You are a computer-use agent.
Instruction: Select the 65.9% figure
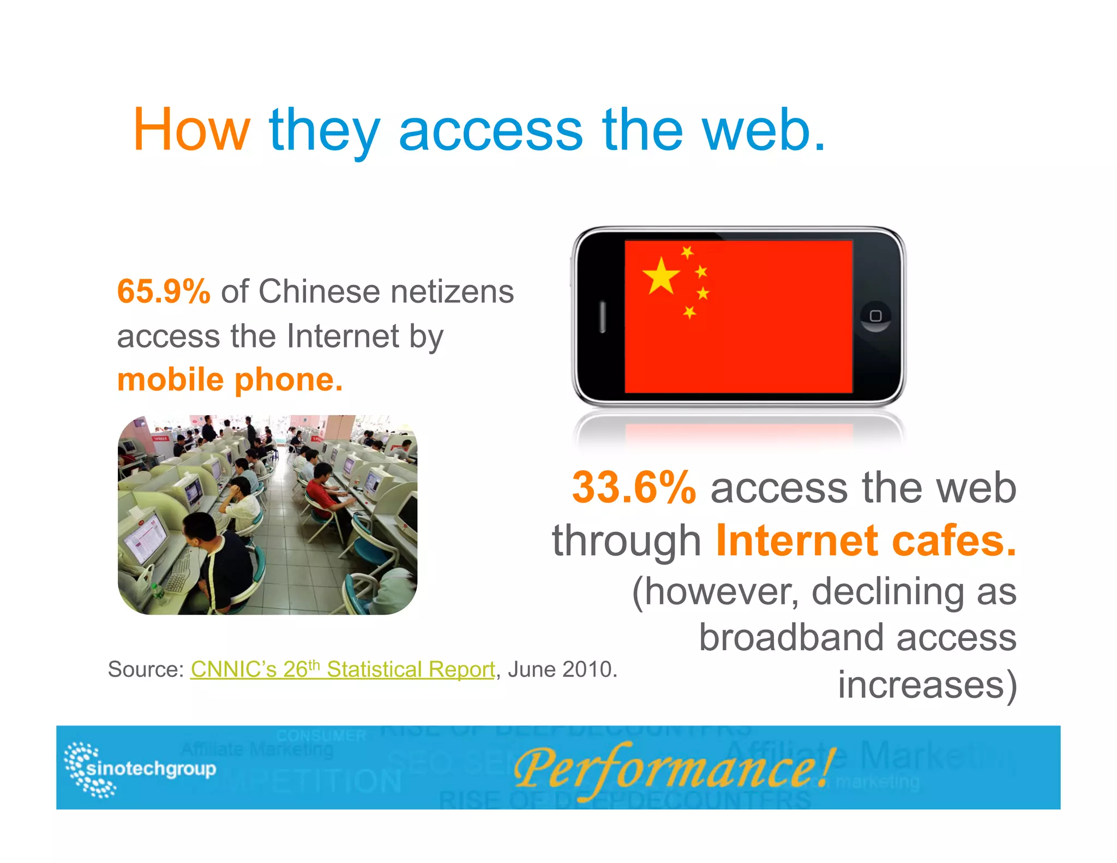pos(164,291)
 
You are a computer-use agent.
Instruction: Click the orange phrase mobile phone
pos(230,380)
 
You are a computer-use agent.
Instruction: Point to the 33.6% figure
pos(634,487)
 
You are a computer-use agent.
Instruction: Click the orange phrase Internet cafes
pos(866,540)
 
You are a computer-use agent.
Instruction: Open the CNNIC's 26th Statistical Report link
pos(343,669)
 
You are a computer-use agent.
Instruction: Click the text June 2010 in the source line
pos(561,669)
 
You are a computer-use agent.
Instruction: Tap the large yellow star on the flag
pos(661,275)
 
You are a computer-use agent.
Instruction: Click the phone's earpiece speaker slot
pos(603,316)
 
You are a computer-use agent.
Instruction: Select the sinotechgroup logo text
pos(151,769)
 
